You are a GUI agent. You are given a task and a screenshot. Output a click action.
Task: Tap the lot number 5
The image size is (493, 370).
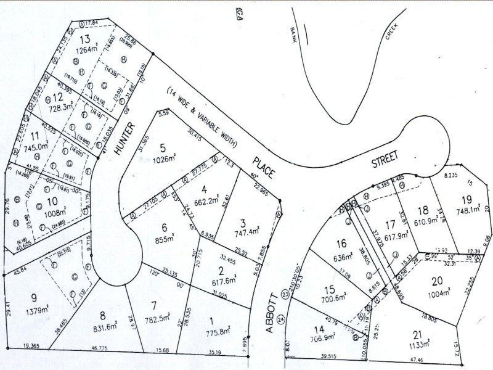click(x=163, y=147)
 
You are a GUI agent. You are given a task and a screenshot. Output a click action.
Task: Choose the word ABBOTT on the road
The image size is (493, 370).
click(x=269, y=313)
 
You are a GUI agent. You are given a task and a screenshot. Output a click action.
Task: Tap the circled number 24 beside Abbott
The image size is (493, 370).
click(x=282, y=319)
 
